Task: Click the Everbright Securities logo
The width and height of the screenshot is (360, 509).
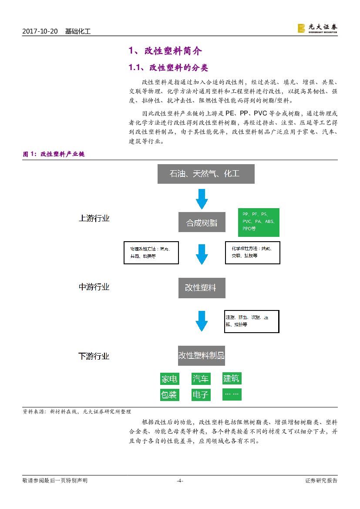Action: coord(317,28)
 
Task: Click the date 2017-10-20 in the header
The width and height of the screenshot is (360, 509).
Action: coord(40,32)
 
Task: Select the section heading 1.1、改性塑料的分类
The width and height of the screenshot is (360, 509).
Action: coord(168,68)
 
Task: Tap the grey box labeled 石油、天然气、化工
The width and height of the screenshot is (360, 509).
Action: coord(205,174)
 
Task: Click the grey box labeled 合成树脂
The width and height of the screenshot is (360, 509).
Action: coord(202,223)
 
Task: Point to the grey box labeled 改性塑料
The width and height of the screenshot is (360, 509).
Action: coord(202,288)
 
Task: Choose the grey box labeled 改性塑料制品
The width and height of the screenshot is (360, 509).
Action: coord(202,355)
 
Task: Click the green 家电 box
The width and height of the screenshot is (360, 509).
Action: coord(169,379)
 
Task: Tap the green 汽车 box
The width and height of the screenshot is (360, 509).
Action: coord(201,379)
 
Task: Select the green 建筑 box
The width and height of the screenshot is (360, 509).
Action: coord(232,378)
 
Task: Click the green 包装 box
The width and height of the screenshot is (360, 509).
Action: coord(169,395)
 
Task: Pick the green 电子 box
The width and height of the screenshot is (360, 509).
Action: coord(201,395)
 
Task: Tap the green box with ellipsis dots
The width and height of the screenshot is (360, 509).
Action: coord(232,394)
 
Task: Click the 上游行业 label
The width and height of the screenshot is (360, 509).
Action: coord(94,218)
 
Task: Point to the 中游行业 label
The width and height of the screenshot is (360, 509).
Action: coord(94,287)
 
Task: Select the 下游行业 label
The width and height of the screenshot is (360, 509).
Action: coord(94,356)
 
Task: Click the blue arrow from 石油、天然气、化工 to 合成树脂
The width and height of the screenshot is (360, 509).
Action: coord(202,199)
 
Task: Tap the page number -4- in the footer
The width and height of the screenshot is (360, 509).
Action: coord(180,481)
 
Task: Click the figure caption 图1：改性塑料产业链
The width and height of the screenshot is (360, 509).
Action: coord(54,154)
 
